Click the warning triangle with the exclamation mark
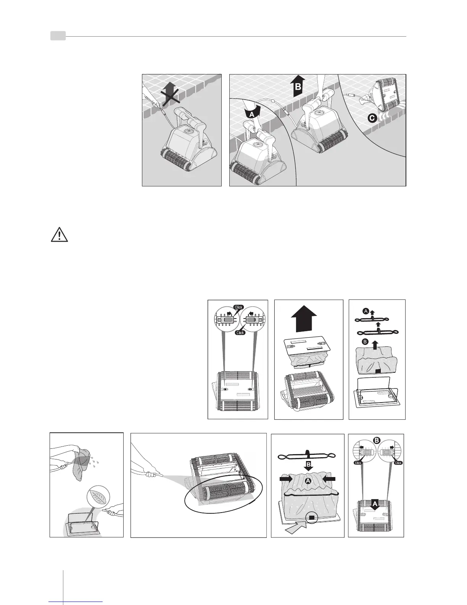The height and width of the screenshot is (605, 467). [x=59, y=235]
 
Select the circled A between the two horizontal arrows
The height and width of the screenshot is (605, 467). [x=307, y=482]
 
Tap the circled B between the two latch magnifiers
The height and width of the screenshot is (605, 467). [x=376, y=440]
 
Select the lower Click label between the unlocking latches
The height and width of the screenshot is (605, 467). [x=240, y=333]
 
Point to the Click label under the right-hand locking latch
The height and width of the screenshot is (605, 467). [x=398, y=463]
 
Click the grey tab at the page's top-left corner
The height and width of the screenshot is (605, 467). [x=58, y=36]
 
